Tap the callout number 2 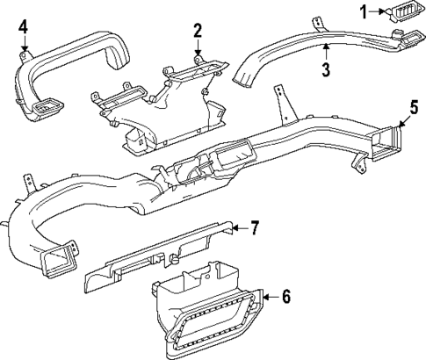click(x=199, y=32)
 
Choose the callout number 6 click(x=285, y=299)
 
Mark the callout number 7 click(x=253, y=229)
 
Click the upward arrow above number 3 click(x=325, y=51)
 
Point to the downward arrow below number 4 click(x=24, y=48)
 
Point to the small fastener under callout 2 click(x=199, y=58)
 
